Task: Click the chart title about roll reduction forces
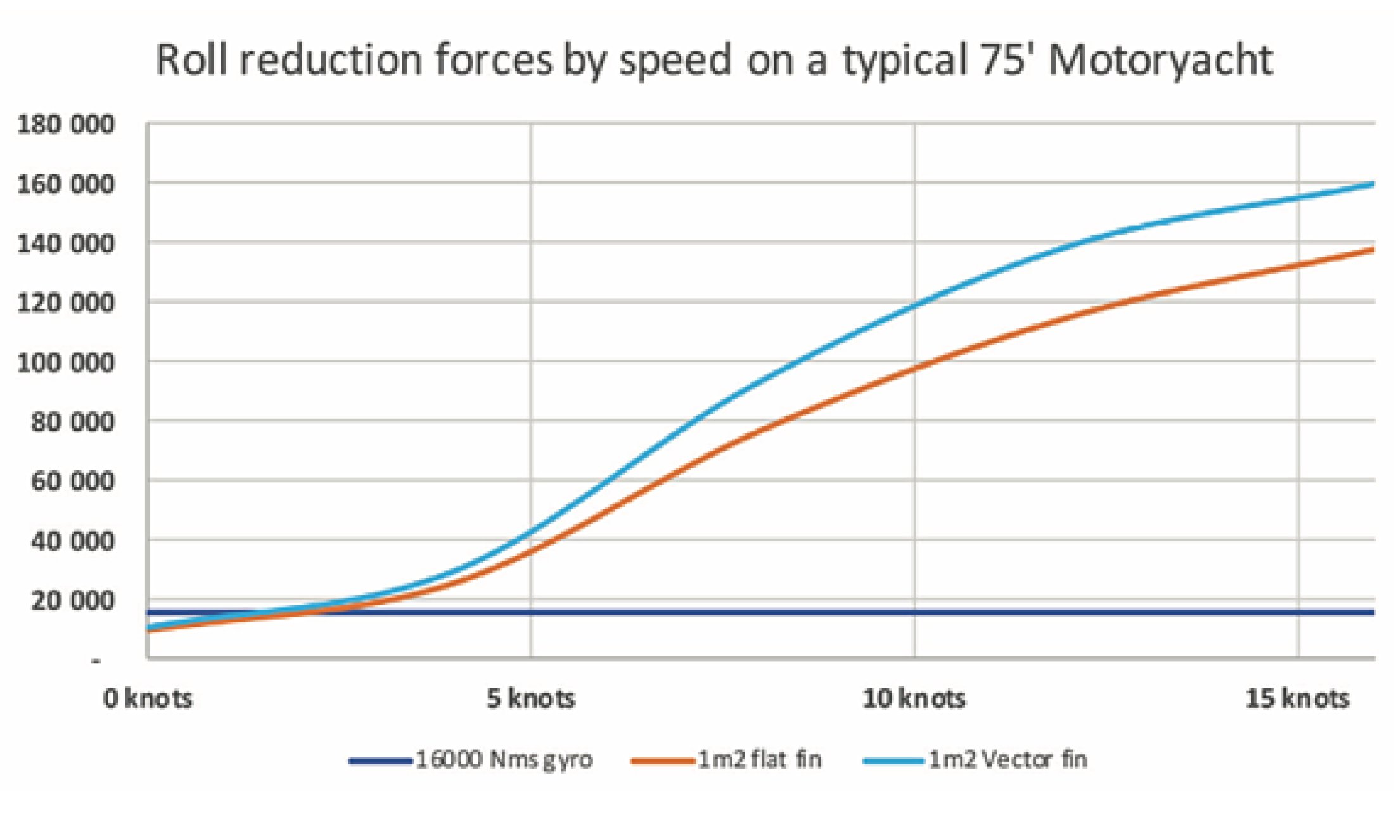pos(713,61)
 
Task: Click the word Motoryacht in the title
pos(1160,61)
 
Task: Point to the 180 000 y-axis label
pos(66,125)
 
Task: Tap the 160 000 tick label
pos(66,184)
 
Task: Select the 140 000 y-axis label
pos(66,243)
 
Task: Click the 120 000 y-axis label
pos(66,303)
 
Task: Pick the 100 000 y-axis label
pos(66,363)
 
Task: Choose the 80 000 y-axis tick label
pos(73,422)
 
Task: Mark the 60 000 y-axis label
pos(73,482)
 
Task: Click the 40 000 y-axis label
pos(73,541)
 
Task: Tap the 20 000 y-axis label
pos(73,600)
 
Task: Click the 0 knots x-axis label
pos(148,698)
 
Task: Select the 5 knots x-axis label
pos(531,698)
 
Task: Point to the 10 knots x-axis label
pos(914,698)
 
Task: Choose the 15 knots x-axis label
pos(1297,698)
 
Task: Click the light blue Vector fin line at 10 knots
pos(914,306)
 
